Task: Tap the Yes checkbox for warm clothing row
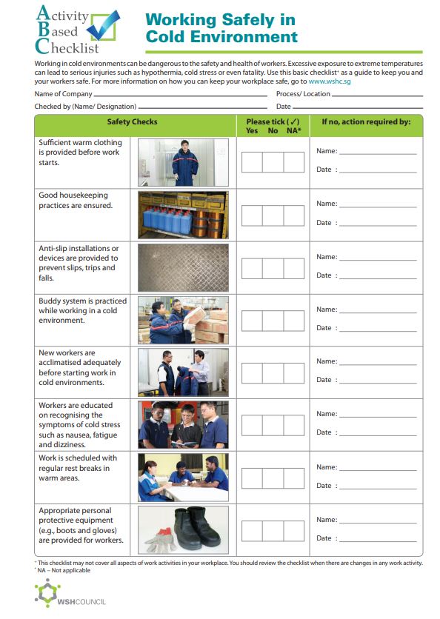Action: (x=252, y=162)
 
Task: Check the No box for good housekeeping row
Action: (x=273, y=215)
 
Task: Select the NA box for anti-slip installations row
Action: (x=294, y=267)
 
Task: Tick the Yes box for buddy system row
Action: (x=252, y=321)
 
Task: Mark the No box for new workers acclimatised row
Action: (x=273, y=372)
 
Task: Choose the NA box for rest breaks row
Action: (x=294, y=478)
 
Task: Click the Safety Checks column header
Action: (x=132, y=122)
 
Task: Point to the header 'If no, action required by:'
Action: (x=365, y=122)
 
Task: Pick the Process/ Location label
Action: (x=303, y=94)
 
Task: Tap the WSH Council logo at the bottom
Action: (x=70, y=595)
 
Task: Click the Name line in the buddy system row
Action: (x=377, y=311)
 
